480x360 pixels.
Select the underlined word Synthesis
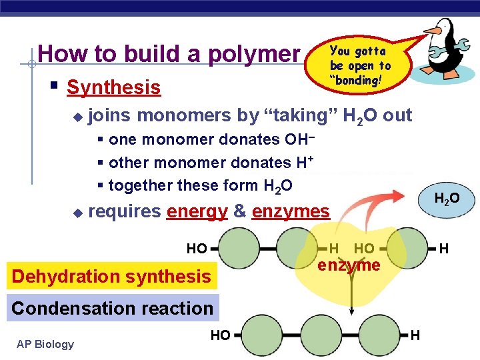113,87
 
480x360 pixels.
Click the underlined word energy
197,212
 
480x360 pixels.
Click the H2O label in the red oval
446,199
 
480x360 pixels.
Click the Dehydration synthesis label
111,276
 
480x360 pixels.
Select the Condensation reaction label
112,308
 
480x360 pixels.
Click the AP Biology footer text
45,344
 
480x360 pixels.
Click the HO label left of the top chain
197,249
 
